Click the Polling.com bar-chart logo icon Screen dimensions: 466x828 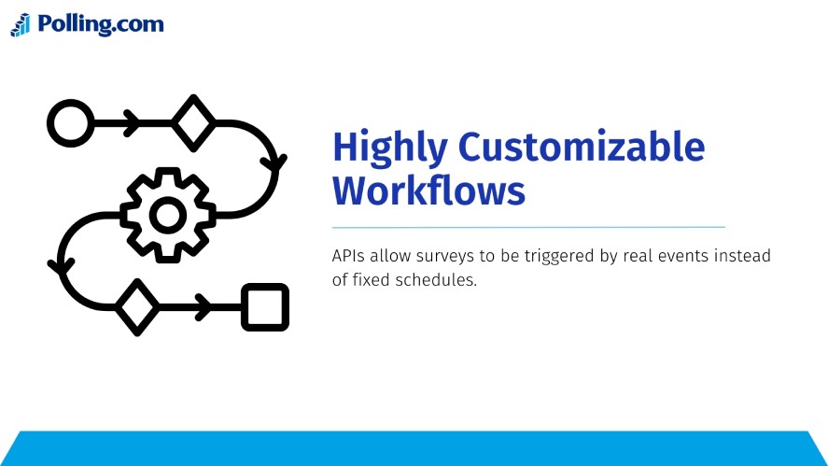21,25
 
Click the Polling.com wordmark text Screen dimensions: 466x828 101,24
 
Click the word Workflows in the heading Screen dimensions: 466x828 428,191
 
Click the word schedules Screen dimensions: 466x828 438,280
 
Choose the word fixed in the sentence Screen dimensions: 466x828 373,280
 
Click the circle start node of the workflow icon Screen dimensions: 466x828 69,123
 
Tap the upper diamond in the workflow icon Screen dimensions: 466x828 192,122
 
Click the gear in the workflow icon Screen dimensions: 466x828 168,216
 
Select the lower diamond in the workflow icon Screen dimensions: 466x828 137,306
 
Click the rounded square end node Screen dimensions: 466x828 265,306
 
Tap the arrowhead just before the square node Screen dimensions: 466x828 202,306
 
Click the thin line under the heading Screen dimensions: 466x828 528,227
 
